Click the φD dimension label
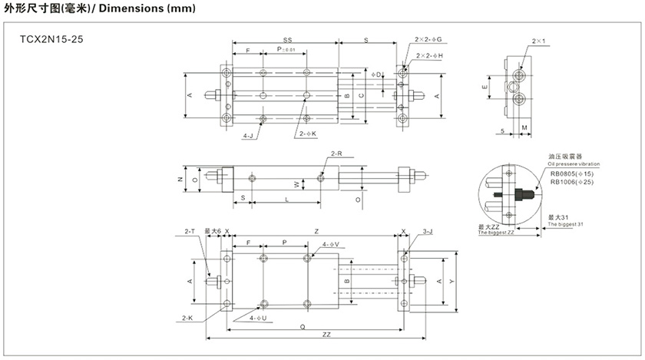377,74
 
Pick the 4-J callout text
248,134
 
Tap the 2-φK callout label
308,134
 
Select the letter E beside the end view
484,88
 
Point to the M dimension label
524,127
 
